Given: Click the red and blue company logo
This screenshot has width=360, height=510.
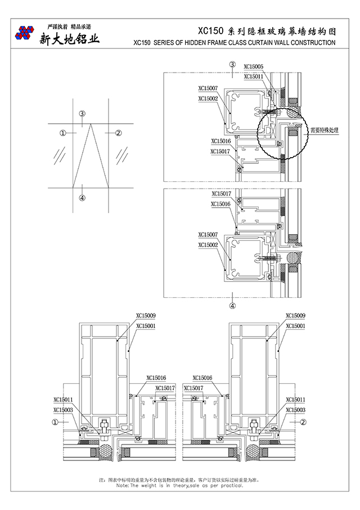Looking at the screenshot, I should point(25,33).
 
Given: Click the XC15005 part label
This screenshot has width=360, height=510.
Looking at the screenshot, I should point(254,66).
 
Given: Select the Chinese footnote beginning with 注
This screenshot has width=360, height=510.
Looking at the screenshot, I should point(180,480).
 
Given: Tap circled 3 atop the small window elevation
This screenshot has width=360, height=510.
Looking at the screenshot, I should point(82,114).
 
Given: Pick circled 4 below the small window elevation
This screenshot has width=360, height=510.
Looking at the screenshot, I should point(82,198).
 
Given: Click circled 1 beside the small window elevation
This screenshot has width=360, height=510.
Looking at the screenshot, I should point(63,133).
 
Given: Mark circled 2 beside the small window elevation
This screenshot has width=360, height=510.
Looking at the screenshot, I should point(119,133).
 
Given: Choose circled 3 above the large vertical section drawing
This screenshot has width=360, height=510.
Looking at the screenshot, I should point(232,65).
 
